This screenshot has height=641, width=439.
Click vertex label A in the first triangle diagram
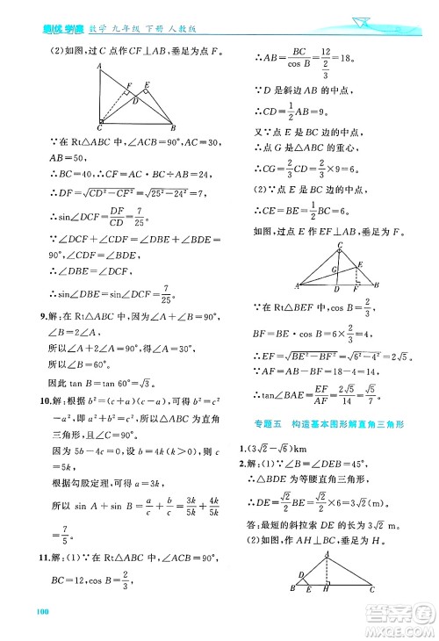[98, 66]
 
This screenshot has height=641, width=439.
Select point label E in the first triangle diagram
[146, 84]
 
